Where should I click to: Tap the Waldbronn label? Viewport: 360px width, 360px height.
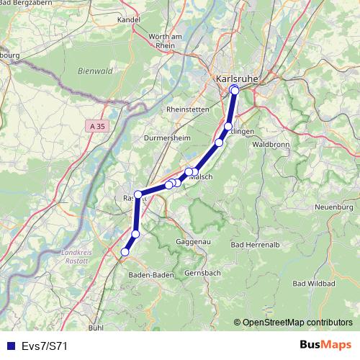click(x=271, y=144)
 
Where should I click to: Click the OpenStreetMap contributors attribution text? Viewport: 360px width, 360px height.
click(x=297, y=323)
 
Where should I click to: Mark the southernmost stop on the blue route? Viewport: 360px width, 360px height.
click(x=125, y=252)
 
